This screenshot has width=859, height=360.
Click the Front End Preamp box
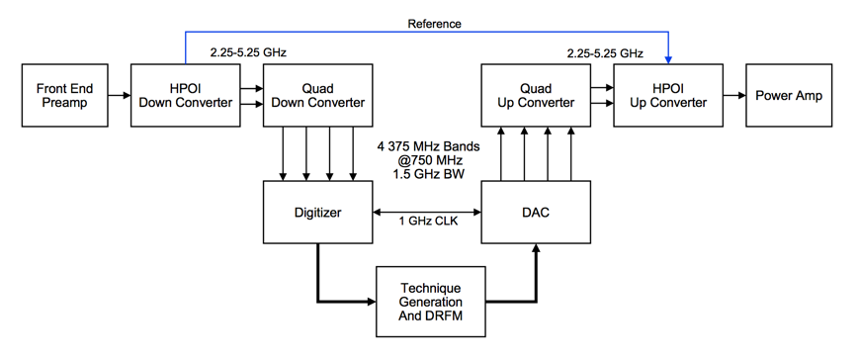pyautogui.click(x=64, y=96)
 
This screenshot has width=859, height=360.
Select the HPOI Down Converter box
pyautogui.click(x=185, y=96)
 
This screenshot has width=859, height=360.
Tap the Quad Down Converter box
pyautogui.click(x=317, y=96)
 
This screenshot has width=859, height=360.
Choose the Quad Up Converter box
pyautogui.click(x=535, y=96)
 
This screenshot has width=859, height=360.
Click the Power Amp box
pyautogui.click(x=788, y=96)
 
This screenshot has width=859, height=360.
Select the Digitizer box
pyautogui.click(x=317, y=212)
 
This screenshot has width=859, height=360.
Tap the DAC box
pyautogui.click(x=535, y=212)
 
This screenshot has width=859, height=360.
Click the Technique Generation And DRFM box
pyautogui.click(x=431, y=301)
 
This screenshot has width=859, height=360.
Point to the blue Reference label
pyautogui.click(x=434, y=24)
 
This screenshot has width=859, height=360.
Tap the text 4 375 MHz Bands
pyautogui.click(x=426, y=145)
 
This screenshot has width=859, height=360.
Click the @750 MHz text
pyautogui.click(x=426, y=159)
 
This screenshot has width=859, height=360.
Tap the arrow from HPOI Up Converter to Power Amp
pyautogui.click(x=732, y=96)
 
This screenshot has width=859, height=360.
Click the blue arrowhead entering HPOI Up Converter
pyautogui.click(x=667, y=59)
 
